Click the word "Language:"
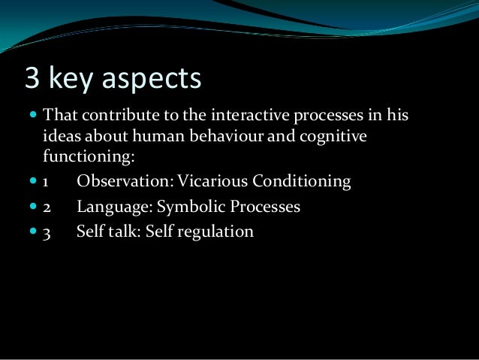(x=113, y=207)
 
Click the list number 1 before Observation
(x=46, y=183)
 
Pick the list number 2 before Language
(x=46, y=207)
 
